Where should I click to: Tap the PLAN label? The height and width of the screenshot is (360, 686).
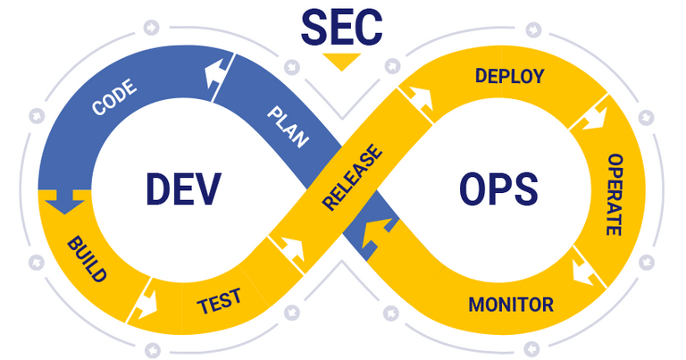[288, 126]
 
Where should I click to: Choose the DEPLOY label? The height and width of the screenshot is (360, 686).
[509, 76]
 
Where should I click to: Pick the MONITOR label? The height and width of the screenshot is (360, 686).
[511, 304]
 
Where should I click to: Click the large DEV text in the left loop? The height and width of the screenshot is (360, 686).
[182, 190]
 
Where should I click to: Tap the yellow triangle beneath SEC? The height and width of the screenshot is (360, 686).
[342, 63]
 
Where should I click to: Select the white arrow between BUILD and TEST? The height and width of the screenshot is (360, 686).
[144, 305]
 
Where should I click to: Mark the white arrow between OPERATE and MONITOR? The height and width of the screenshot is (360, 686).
[585, 269]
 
